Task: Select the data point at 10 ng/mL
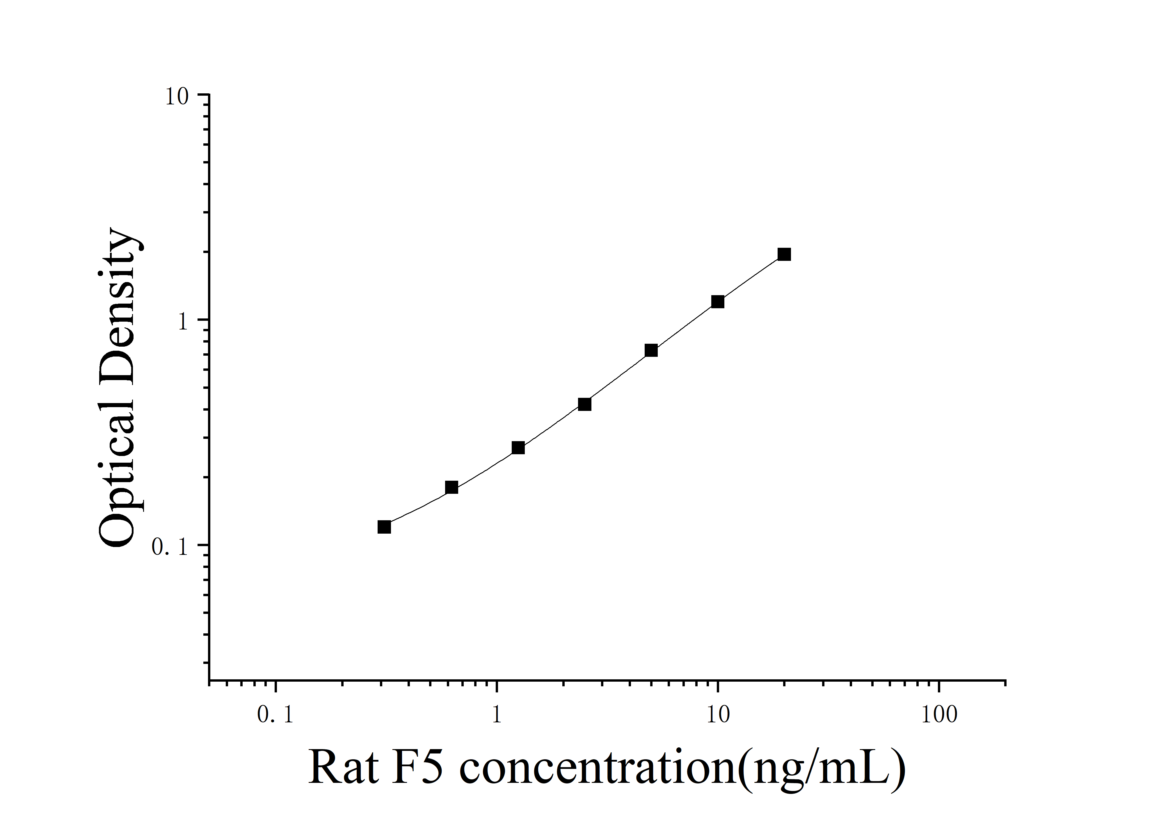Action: point(717,302)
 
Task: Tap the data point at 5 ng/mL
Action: point(651,350)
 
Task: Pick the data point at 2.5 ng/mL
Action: point(584,404)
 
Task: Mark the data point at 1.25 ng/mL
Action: point(518,447)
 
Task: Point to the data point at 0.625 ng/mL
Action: point(451,487)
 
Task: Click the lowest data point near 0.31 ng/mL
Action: point(384,527)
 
